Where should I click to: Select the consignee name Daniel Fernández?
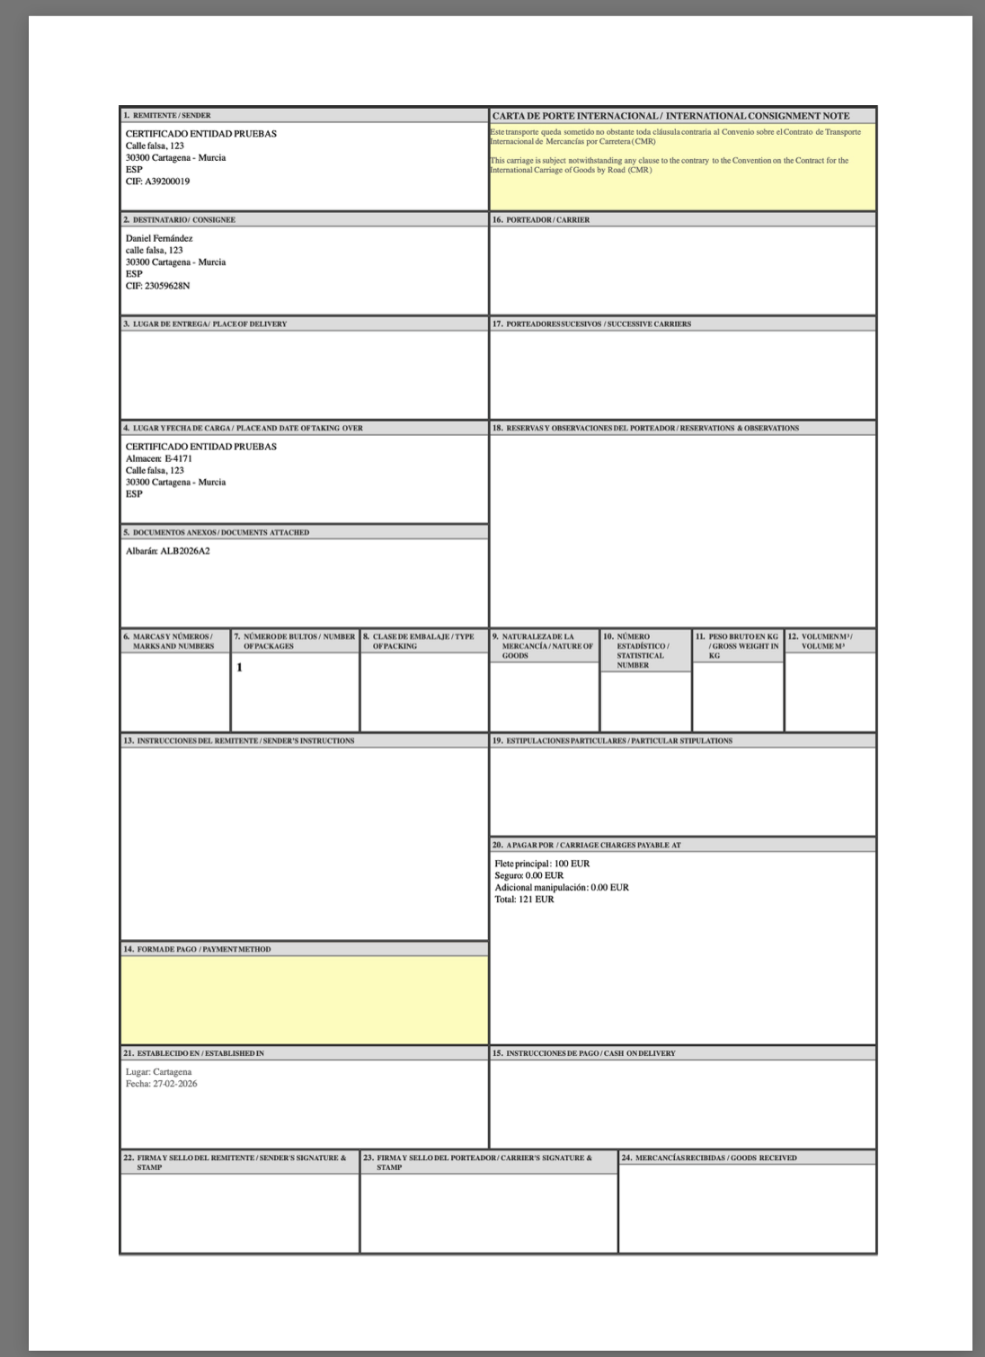pyautogui.click(x=159, y=238)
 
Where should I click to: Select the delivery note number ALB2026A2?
pyautogui.click(x=185, y=551)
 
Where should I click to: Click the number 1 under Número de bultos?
pyautogui.click(x=240, y=668)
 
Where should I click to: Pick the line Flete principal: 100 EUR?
pyautogui.click(x=542, y=864)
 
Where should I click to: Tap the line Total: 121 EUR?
pyautogui.click(x=524, y=899)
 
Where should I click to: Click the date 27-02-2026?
pyautogui.click(x=173, y=1084)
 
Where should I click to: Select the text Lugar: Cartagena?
pyautogui.click(x=158, y=1072)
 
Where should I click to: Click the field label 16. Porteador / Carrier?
pyautogui.click(x=541, y=220)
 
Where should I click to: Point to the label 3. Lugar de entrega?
pyautogui.click(x=205, y=324)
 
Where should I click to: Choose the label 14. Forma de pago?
pyautogui.click(x=197, y=949)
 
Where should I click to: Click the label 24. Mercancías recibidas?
pyautogui.click(x=709, y=1157)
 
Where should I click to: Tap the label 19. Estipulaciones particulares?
pyautogui.click(x=612, y=741)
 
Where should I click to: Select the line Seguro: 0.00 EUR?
pyautogui.click(x=528, y=875)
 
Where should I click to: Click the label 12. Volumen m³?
pyautogui.click(x=820, y=641)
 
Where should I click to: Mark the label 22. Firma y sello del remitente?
pyautogui.click(x=235, y=1162)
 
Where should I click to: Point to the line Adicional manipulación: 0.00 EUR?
pyautogui.click(x=562, y=887)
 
